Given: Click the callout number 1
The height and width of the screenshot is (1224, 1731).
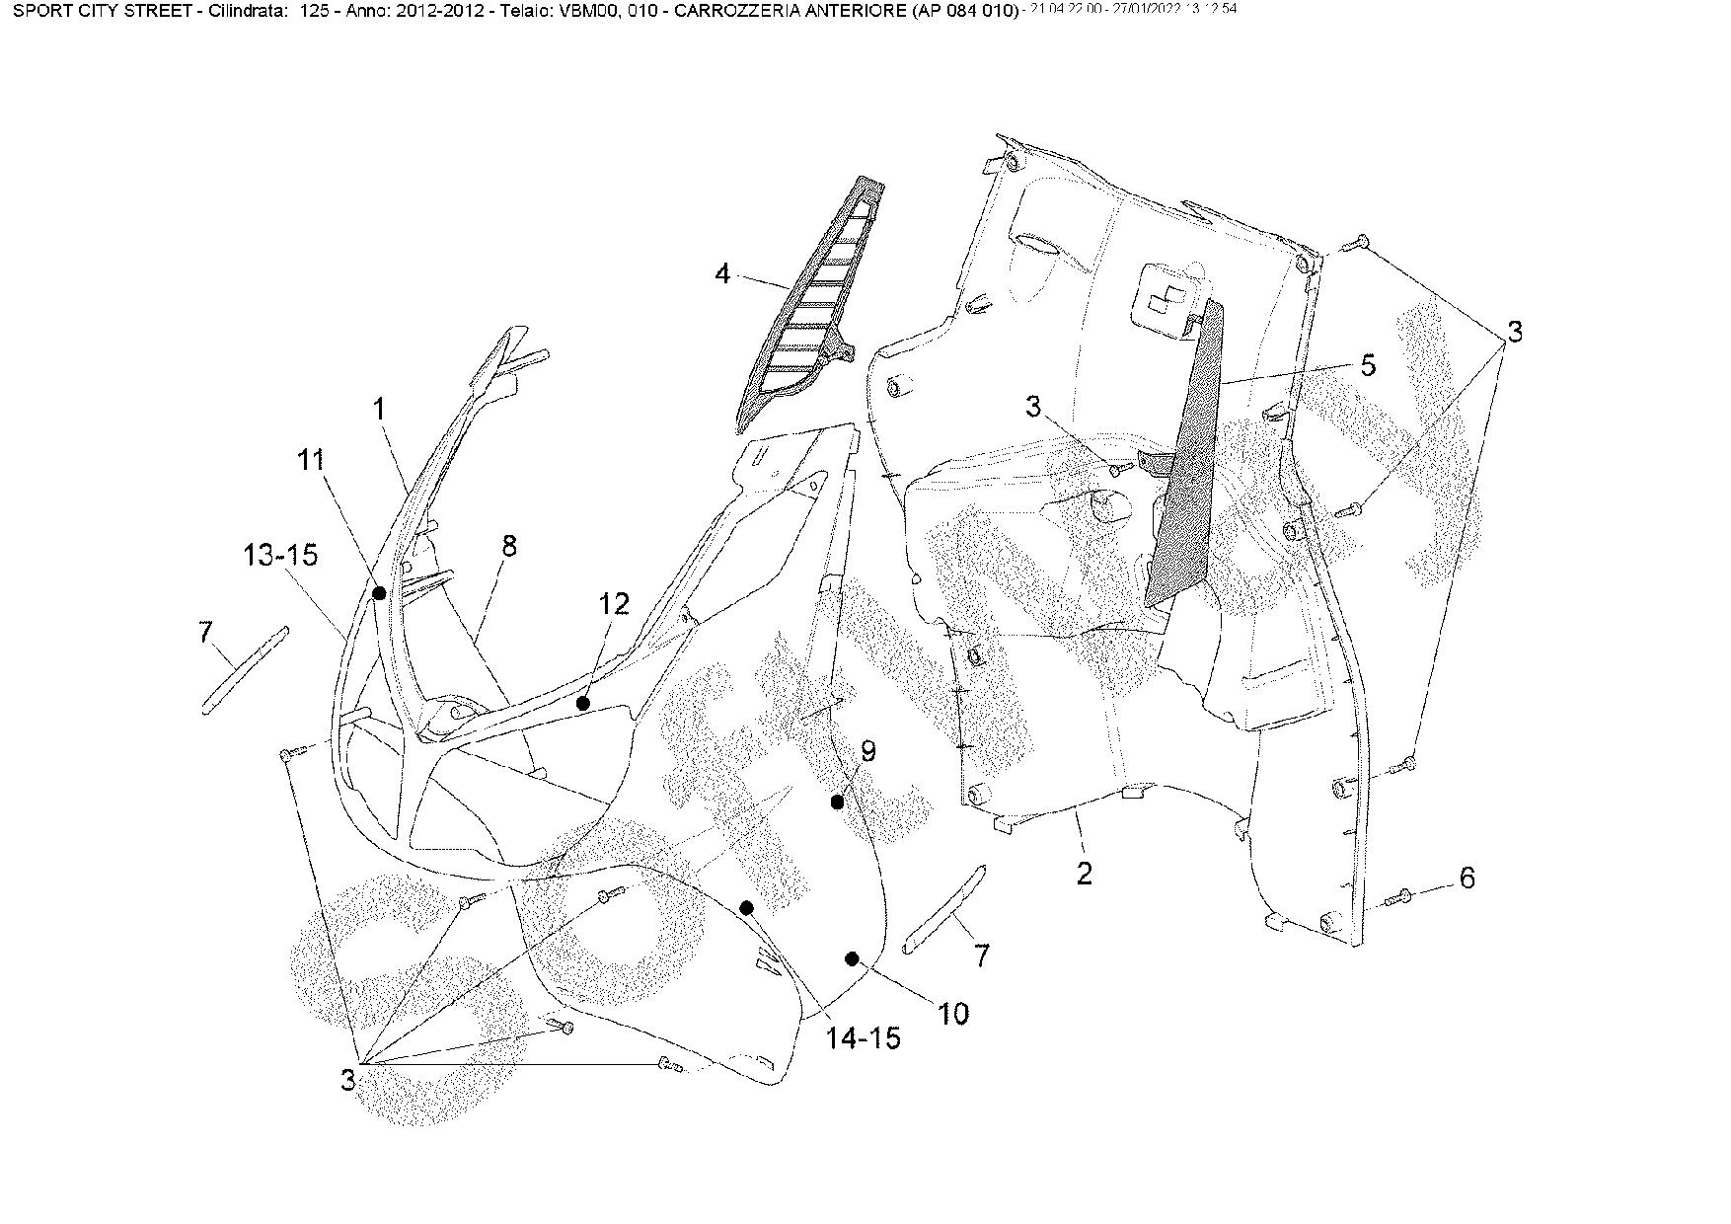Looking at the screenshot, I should pyautogui.click(x=380, y=408).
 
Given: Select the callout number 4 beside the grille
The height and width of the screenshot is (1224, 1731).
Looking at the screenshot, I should pyautogui.click(x=722, y=272).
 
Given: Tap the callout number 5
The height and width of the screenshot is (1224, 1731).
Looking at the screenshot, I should pyautogui.click(x=1367, y=364).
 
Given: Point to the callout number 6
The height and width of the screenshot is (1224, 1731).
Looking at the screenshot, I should pyautogui.click(x=1467, y=878).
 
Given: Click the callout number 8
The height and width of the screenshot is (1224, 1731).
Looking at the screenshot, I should pyautogui.click(x=508, y=546).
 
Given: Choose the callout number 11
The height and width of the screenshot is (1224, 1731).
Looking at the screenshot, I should pyautogui.click(x=312, y=461).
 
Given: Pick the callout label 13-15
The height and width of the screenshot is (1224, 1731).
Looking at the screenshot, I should pyautogui.click(x=280, y=555).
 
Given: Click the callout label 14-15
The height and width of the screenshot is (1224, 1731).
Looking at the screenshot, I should pyautogui.click(x=864, y=1037).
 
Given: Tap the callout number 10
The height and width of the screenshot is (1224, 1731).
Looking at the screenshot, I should pyautogui.click(x=953, y=1013).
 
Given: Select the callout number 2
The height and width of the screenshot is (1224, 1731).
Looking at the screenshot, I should pyautogui.click(x=1084, y=873).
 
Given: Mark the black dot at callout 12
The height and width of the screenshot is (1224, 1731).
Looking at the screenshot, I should pyautogui.click(x=583, y=703).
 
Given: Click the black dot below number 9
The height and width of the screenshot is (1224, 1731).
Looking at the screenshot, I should pyautogui.click(x=837, y=803).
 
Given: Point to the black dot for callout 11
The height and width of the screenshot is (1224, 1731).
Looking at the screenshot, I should pyautogui.click(x=378, y=592).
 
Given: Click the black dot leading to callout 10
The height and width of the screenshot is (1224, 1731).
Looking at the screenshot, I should pyautogui.click(x=853, y=957).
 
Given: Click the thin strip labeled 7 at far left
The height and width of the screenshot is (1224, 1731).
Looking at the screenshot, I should pyautogui.click(x=245, y=669).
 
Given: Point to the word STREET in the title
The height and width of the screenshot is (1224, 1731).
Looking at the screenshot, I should pyautogui.click(x=154, y=11).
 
